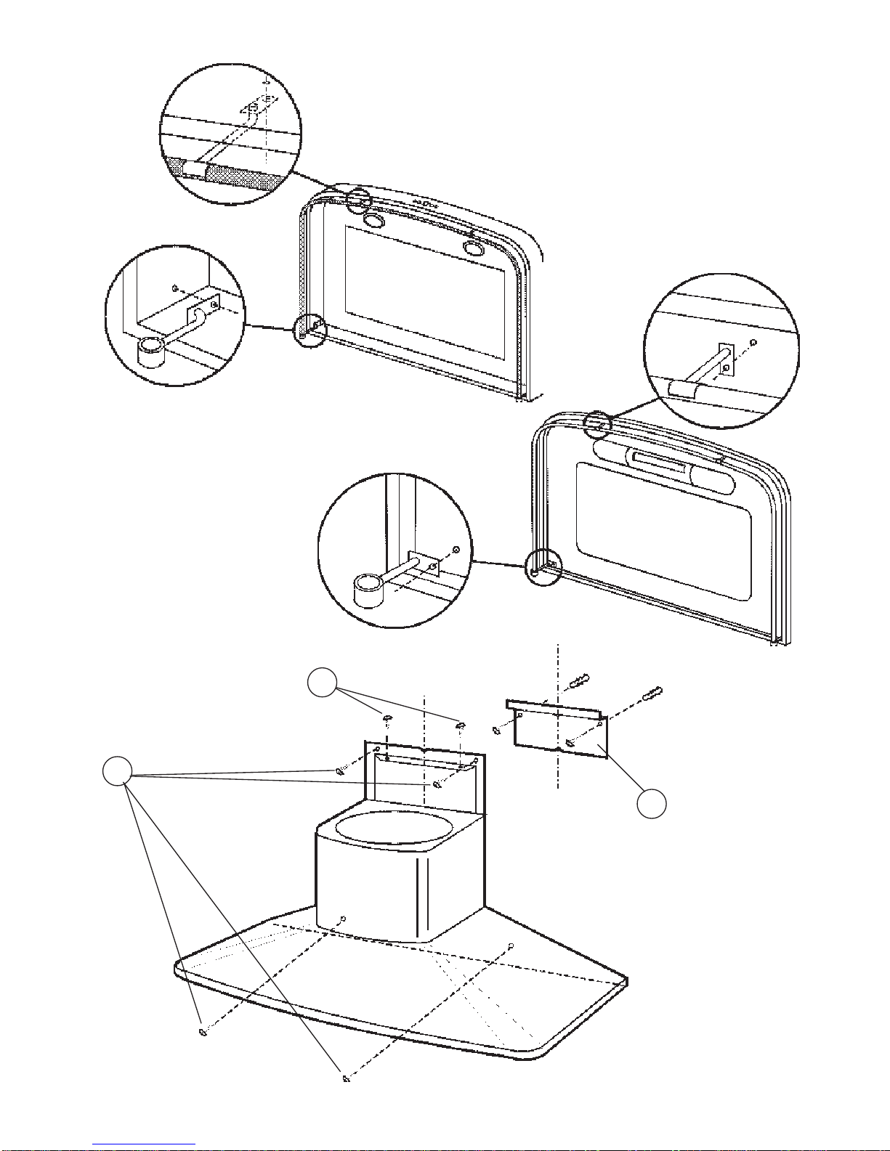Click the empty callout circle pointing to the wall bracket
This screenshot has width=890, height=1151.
[x=652, y=804]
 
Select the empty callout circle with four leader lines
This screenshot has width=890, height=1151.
[x=117, y=771]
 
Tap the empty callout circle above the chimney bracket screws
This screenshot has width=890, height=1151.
[x=321, y=684]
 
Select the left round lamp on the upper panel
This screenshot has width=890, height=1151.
[x=374, y=219]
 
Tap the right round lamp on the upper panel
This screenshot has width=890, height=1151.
[x=474, y=249]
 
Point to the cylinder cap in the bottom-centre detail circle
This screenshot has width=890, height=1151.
[x=368, y=588]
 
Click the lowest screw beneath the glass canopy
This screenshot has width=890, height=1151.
[x=346, y=1079]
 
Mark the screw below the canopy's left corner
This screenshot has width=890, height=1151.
[x=203, y=1032]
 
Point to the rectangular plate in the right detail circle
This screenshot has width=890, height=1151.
[x=727, y=359]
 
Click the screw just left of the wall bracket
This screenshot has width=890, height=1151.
[x=496, y=730]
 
